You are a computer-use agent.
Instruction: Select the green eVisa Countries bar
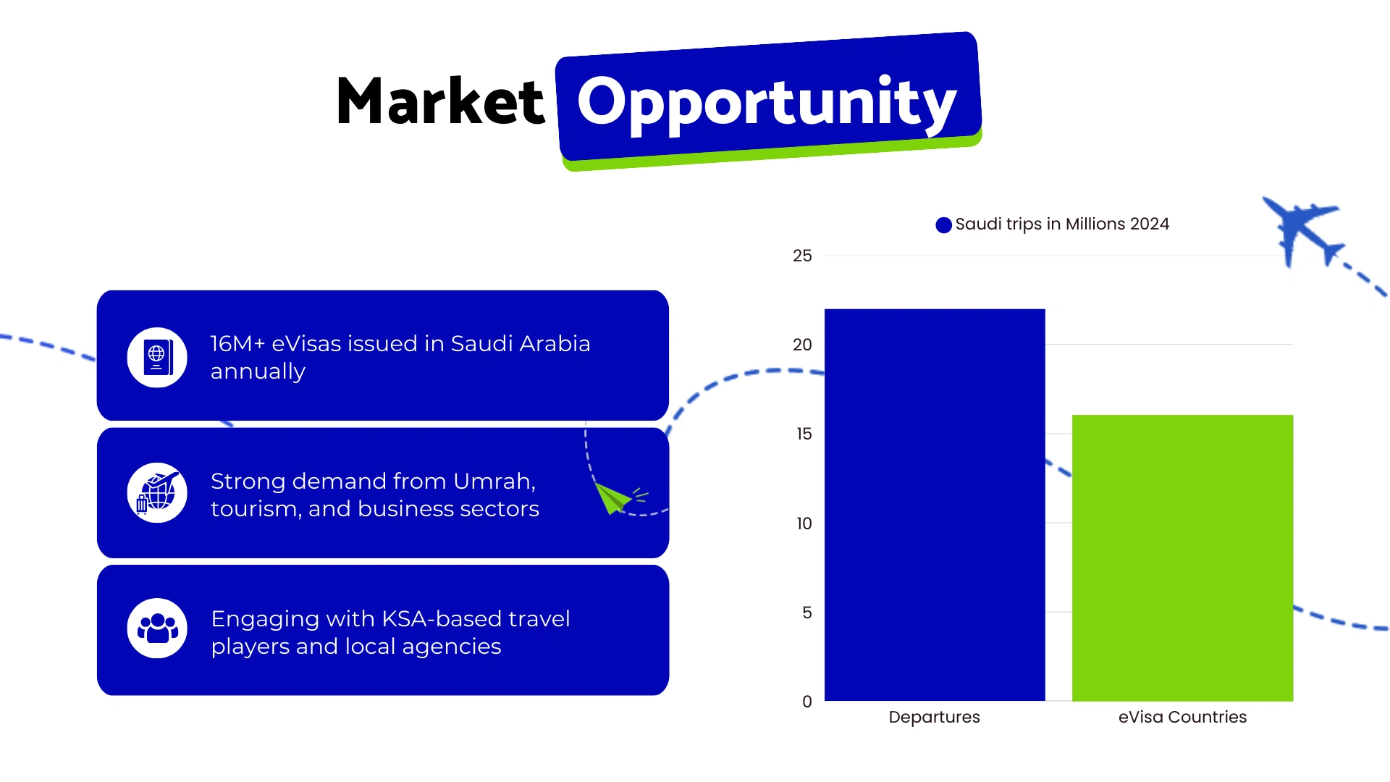pos(1182,558)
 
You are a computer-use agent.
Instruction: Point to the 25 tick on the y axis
pos(802,256)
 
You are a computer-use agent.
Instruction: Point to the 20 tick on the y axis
pos(802,345)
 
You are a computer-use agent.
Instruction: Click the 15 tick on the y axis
pos(804,434)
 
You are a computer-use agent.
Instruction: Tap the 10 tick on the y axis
pos(804,524)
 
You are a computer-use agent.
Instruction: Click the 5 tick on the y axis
pos(806,613)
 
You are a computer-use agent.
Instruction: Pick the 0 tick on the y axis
pos(806,702)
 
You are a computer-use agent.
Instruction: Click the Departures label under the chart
pos(934,717)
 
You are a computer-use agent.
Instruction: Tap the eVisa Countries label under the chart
pos(1182,717)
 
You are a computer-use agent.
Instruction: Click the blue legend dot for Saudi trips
pos(943,225)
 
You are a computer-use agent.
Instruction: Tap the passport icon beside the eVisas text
pos(157,357)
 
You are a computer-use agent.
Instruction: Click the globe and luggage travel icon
pos(157,493)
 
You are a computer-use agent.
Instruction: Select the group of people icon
pos(157,628)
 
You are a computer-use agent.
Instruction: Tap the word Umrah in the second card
pos(494,482)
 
